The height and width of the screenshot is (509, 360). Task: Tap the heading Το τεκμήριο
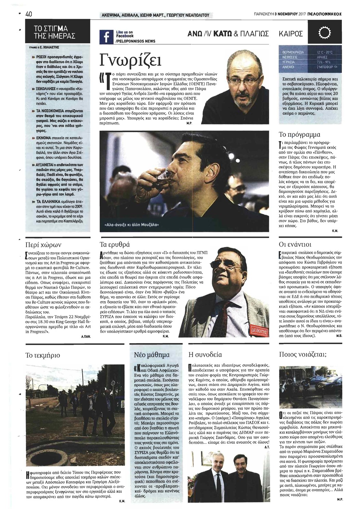point(43,355)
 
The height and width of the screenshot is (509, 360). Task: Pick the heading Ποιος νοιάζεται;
point(303,355)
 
